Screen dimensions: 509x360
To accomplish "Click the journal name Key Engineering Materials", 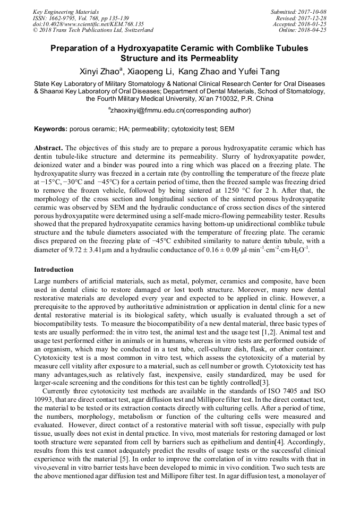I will (x=66, y=12).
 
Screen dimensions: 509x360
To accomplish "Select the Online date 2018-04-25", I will (x=313, y=30).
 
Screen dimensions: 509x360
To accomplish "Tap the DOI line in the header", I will (x=88, y=24).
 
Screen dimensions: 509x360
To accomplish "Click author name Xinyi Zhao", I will (x=100, y=72).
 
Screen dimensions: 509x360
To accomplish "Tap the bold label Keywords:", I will (x=50, y=129).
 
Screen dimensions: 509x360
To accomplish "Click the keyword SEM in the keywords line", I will (x=226, y=129).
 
